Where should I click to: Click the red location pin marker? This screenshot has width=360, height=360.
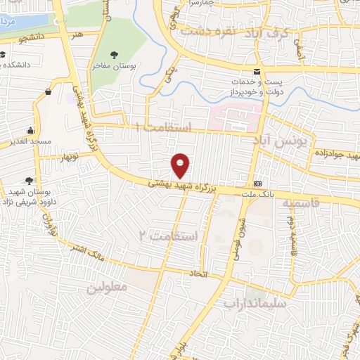click(x=181, y=165)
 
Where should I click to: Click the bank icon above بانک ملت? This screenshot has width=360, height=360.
click(x=257, y=179)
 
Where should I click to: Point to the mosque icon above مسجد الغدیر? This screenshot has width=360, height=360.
click(x=30, y=131)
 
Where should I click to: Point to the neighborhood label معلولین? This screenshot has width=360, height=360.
click(x=107, y=288)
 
